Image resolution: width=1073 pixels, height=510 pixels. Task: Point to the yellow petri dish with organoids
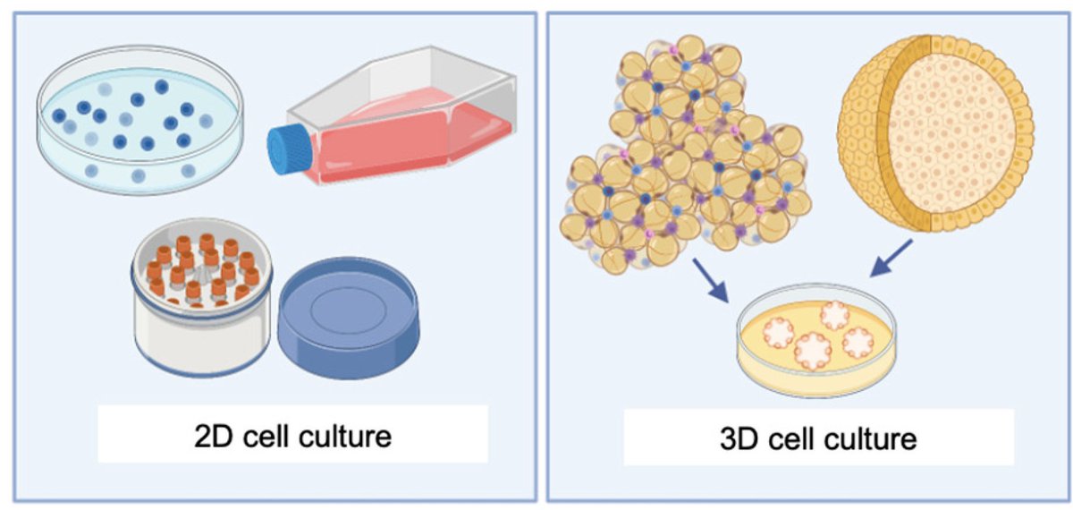pos(816,344)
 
